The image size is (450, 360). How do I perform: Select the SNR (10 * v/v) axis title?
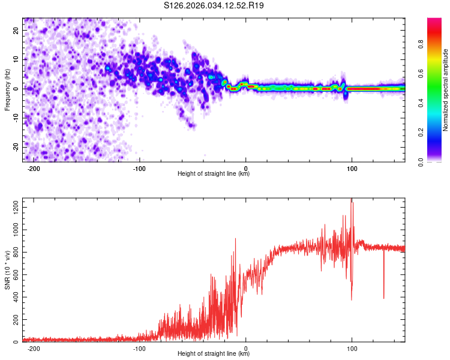coord(7,270)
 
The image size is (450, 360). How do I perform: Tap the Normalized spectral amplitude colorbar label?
coord(446,90)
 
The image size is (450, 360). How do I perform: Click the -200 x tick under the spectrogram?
coord(34,168)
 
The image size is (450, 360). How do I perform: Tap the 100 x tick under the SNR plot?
coord(352,349)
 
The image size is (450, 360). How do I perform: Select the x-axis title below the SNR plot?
coord(214,355)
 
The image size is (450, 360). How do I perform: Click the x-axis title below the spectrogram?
coord(214,174)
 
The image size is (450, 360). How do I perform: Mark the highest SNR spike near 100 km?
coord(351,200)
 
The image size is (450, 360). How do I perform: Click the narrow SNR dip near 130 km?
coord(384,297)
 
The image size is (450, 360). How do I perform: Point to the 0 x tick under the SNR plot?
coord(246,349)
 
